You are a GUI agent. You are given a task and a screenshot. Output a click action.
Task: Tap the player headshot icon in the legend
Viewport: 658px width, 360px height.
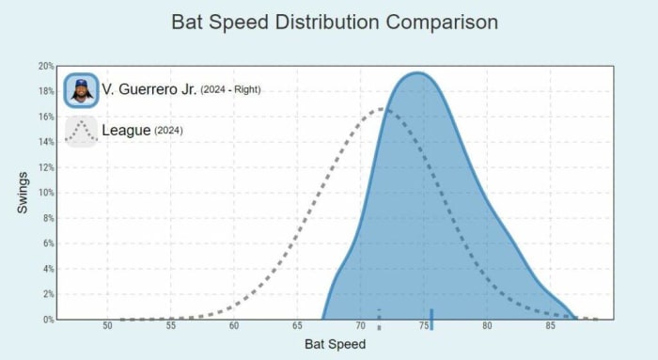tap(81, 90)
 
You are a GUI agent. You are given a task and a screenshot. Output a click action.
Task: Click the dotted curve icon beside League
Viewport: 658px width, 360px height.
tap(81, 131)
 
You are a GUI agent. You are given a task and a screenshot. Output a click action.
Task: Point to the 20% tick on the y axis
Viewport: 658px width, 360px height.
tap(46, 66)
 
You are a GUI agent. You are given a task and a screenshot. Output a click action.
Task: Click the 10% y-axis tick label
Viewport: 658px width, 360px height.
tap(46, 193)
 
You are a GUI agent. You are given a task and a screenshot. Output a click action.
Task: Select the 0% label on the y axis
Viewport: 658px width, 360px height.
tap(48, 320)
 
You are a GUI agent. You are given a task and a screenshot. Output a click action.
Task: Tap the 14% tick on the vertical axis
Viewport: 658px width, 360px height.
tap(46, 142)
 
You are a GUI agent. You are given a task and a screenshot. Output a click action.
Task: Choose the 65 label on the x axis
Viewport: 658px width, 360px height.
tap(297, 327)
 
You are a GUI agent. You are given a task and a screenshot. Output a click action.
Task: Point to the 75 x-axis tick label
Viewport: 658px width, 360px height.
tap(424, 327)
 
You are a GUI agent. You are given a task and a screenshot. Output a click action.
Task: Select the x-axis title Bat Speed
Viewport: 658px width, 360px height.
tap(335, 345)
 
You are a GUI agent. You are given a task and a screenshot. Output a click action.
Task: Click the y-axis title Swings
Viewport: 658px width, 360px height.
tap(23, 192)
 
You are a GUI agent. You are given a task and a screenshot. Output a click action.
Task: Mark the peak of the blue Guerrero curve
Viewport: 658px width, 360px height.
tap(418, 73)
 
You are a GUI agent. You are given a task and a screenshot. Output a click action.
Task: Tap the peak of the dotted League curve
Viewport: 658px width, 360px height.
tap(380, 109)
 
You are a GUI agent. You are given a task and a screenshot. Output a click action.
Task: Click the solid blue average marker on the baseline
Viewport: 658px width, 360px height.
tap(431, 318)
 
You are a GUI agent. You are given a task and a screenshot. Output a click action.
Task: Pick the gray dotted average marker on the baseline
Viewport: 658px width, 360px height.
tap(379, 319)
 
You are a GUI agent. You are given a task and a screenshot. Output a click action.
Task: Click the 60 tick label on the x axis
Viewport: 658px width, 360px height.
tap(233, 327)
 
